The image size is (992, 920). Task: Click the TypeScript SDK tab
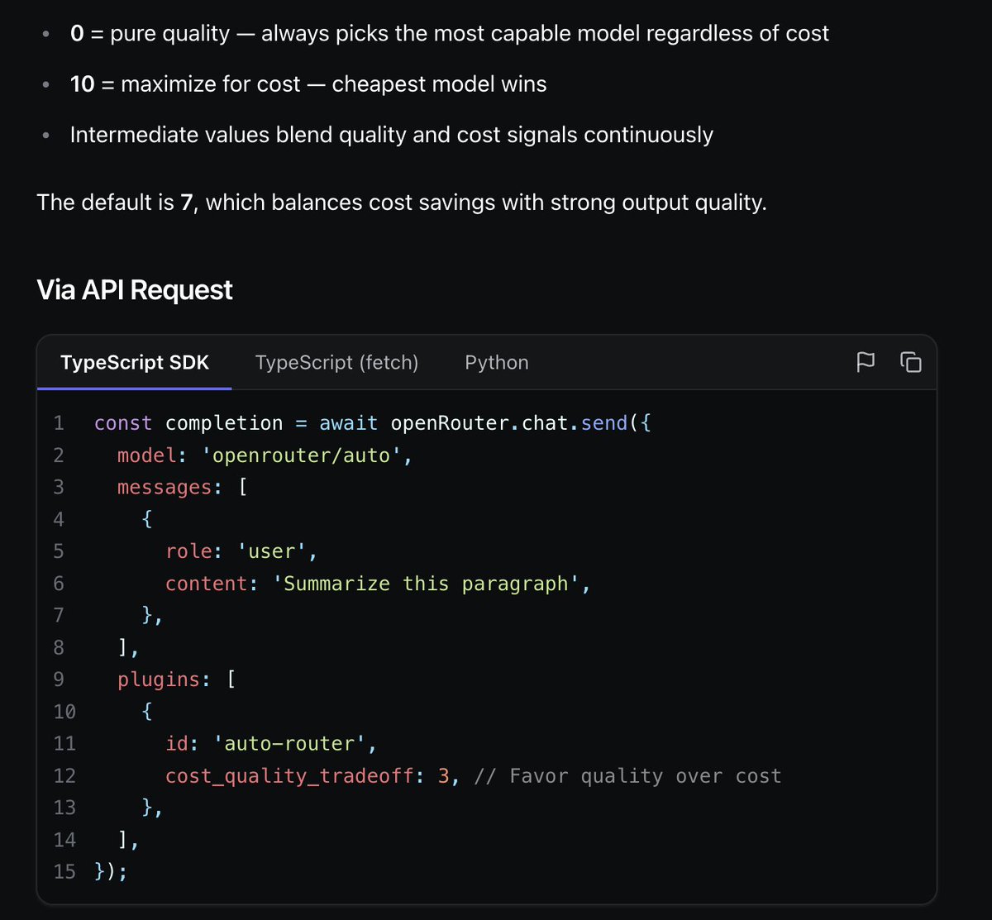point(135,363)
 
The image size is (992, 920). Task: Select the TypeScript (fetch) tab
point(336,363)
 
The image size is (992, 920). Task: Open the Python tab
point(497,363)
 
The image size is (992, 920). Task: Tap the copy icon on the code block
point(911,362)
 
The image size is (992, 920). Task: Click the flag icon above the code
point(866,362)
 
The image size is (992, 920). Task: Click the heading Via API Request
point(135,289)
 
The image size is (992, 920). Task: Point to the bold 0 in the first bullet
point(77,33)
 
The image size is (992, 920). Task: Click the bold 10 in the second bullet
point(83,84)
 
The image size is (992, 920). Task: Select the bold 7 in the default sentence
point(186,203)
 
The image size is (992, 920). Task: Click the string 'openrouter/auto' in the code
point(301,455)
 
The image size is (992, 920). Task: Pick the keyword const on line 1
point(123,423)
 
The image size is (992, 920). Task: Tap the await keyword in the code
point(348,423)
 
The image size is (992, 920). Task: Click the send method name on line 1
point(604,423)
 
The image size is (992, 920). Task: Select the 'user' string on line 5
point(271,551)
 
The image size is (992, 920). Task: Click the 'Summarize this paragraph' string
point(426,584)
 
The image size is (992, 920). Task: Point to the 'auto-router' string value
point(289,744)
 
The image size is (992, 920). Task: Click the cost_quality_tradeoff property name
point(289,775)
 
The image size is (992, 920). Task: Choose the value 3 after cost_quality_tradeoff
point(444,775)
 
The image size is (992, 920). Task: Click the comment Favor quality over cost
point(628,775)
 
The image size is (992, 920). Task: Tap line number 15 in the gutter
point(64,871)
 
